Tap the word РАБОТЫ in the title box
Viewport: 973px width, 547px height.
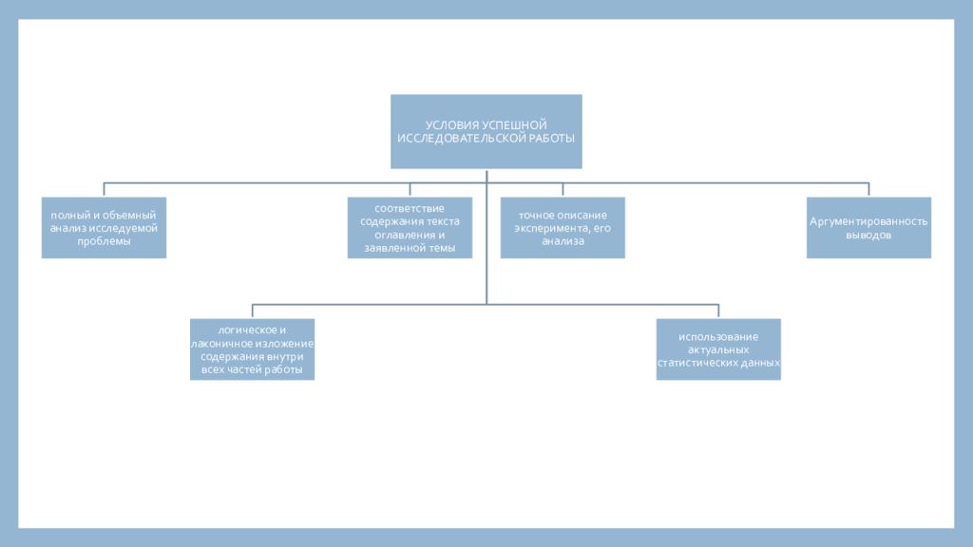click(552, 139)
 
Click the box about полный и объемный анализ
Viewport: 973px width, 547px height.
click(104, 228)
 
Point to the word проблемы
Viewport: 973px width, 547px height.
click(104, 241)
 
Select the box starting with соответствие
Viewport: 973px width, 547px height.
click(410, 228)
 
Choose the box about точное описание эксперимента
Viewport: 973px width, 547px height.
click(563, 228)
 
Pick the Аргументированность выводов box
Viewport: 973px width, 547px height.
click(868, 228)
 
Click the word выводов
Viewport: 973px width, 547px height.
click(868, 236)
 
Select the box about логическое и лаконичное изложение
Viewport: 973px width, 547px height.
click(252, 349)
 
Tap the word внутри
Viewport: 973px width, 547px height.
click(287, 357)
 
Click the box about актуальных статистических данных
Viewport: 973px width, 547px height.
click(718, 349)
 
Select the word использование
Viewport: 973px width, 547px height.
click(718, 337)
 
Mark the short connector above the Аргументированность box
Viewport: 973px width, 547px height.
click(868, 190)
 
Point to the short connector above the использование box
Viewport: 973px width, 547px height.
click(718, 311)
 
